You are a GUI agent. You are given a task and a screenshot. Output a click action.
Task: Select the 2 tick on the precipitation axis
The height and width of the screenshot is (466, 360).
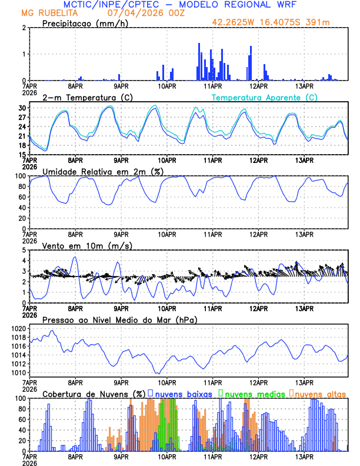click(x=24, y=28)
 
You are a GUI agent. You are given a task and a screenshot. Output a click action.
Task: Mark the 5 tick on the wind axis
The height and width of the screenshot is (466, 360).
click(x=24, y=250)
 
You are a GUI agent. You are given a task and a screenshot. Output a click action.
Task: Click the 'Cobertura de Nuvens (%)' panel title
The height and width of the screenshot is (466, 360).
click(x=94, y=394)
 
